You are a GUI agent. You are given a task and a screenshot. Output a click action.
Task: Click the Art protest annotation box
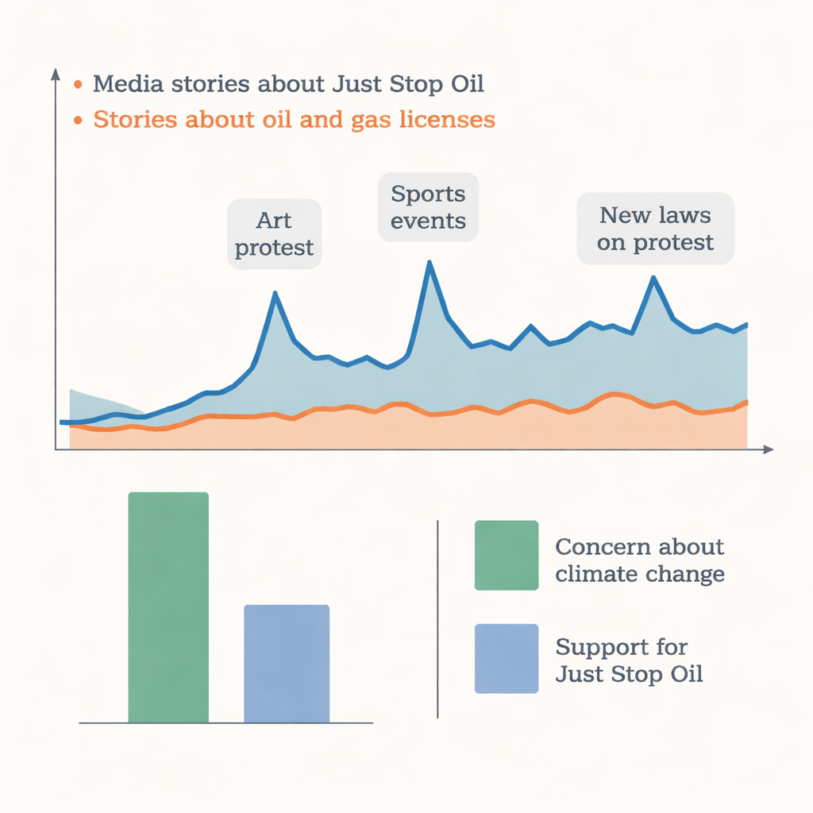click(x=275, y=233)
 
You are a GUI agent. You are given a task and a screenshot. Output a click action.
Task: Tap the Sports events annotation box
click(x=429, y=206)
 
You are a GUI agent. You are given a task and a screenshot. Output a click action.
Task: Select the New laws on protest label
click(x=655, y=228)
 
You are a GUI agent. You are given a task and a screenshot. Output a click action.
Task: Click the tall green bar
click(x=168, y=607)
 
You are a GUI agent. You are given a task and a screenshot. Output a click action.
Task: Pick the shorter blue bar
click(x=287, y=664)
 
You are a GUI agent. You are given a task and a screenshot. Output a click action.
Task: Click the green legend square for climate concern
click(x=507, y=555)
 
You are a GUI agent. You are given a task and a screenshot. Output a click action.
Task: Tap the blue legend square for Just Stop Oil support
click(x=507, y=658)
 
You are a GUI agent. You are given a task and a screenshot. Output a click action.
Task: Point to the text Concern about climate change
click(x=639, y=560)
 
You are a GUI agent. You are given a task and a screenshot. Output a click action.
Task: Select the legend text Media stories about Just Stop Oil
click(x=288, y=83)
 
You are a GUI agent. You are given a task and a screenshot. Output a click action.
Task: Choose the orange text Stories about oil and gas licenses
click(x=294, y=120)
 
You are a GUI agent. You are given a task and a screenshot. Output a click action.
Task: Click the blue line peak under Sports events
click(x=430, y=263)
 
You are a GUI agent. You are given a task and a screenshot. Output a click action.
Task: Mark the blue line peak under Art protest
click(x=275, y=294)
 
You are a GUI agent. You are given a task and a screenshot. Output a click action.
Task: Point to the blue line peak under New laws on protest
click(x=653, y=278)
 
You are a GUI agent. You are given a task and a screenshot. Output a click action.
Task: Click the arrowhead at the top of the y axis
click(x=56, y=74)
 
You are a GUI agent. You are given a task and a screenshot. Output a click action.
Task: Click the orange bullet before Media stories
click(x=77, y=83)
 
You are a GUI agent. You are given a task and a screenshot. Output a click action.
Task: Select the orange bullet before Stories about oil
click(x=77, y=121)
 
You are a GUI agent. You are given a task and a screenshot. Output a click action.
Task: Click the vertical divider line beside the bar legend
click(x=437, y=619)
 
